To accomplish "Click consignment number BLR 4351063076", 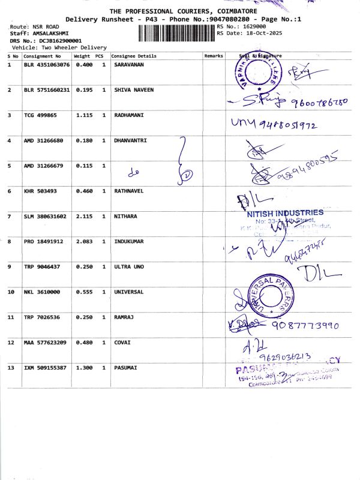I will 46,64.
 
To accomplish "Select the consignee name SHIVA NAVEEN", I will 133,90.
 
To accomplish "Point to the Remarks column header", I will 213,56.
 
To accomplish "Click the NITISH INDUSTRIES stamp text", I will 285,213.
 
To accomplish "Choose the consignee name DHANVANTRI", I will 130,140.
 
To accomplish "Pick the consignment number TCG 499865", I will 40,115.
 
